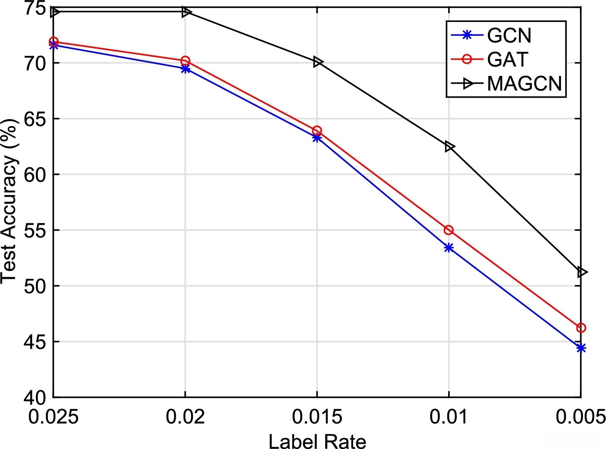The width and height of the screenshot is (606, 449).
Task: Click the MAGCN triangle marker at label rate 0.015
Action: (317, 62)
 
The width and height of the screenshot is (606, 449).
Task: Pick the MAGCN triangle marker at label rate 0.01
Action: (449, 147)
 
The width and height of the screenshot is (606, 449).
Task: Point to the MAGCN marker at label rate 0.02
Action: (186, 12)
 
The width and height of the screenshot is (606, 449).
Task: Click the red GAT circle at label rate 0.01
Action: (449, 230)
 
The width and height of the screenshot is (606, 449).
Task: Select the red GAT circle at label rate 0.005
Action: (581, 328)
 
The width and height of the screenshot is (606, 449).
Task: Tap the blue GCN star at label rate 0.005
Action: (581, 348)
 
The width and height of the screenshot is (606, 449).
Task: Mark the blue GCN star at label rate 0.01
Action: (449, 248)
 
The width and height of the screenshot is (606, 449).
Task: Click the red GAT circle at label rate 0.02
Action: (185, 61)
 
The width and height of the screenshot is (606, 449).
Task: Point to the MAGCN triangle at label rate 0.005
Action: (582, 272)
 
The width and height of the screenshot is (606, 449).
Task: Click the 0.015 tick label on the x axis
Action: (317, 417)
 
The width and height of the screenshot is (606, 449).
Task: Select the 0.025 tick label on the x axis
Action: (54, 417)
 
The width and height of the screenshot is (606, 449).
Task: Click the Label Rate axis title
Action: (317, 441)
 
